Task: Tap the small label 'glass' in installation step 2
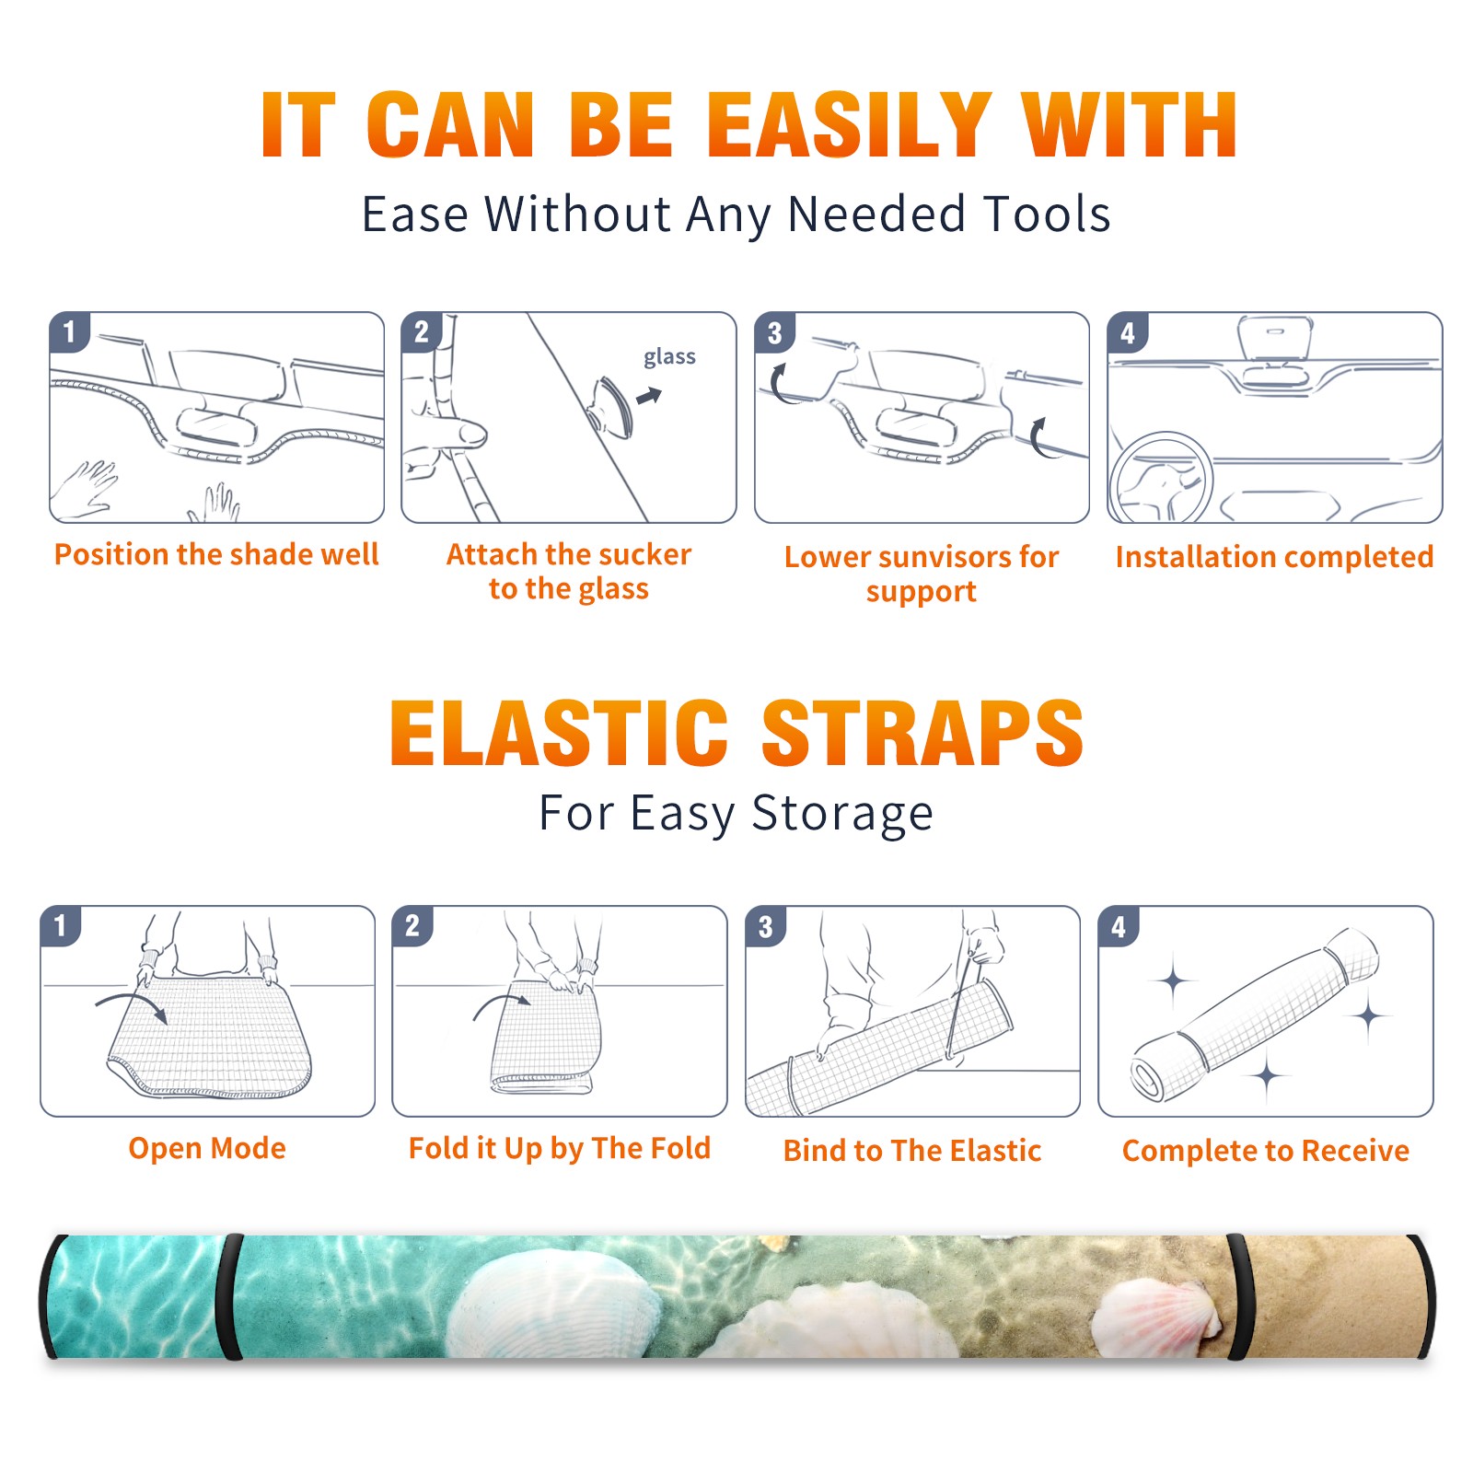669,356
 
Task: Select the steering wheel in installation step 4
1162,478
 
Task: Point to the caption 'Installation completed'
1274,556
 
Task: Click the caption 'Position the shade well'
216,554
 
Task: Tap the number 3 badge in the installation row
774,332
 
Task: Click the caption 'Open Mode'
207,1148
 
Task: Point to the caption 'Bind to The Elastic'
912,1151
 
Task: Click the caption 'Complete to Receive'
1266,1151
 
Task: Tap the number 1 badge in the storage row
61,925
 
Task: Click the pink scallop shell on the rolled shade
1158,1316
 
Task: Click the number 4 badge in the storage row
1119,926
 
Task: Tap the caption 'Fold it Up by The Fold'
560,1148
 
